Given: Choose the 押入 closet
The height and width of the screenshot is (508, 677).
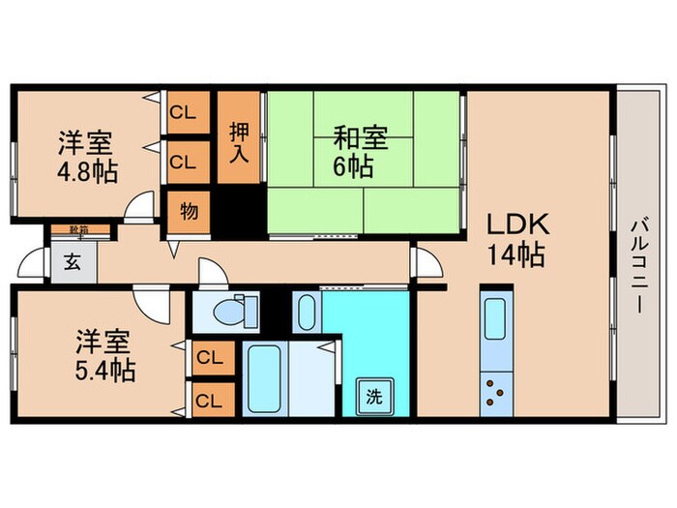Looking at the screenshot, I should pos(238,138).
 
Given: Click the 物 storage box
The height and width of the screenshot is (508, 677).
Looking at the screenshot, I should pos(189,211).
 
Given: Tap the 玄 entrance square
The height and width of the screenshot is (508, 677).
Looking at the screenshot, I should pos(73,261).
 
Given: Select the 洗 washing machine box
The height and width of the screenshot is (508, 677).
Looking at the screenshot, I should pos(373,395).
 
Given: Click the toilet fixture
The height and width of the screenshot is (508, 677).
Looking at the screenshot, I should pos(230,312).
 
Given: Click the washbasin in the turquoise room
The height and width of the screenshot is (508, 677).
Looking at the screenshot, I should pos(306,313).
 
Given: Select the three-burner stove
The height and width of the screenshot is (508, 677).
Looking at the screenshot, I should pos(495,389).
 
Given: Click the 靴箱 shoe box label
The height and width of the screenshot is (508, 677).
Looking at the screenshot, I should pos(78,229).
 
